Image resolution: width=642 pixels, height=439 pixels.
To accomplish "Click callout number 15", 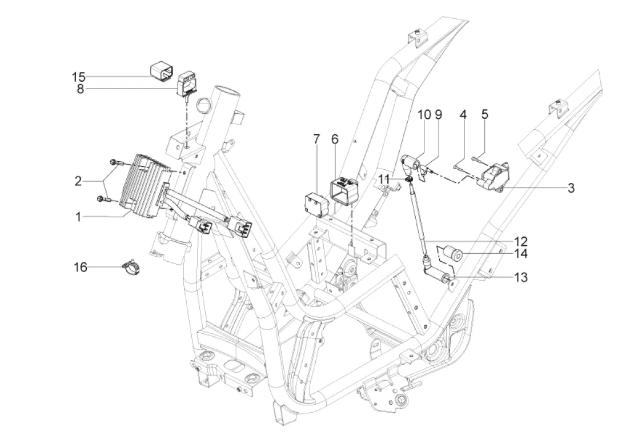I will (x=78, y=77).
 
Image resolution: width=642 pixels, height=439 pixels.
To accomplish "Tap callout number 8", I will (x=80, y=89).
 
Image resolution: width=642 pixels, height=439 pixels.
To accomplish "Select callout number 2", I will (x=78, y=182).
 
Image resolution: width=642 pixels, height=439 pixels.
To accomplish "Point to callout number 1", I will (x=78, y=218).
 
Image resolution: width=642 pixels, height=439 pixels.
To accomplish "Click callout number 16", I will (x=81, y=266).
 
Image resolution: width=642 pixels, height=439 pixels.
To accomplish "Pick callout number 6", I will (x=335, y=139).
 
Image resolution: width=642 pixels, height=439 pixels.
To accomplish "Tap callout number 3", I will (x=571, y=187).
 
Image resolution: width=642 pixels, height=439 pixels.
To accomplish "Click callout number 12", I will (x=520, y=241).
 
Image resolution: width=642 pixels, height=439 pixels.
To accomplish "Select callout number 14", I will (x=520, y=253).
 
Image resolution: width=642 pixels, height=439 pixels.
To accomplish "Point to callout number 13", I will (x=520, y=278).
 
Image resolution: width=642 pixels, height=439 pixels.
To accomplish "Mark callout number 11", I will (x=384, y=179).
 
